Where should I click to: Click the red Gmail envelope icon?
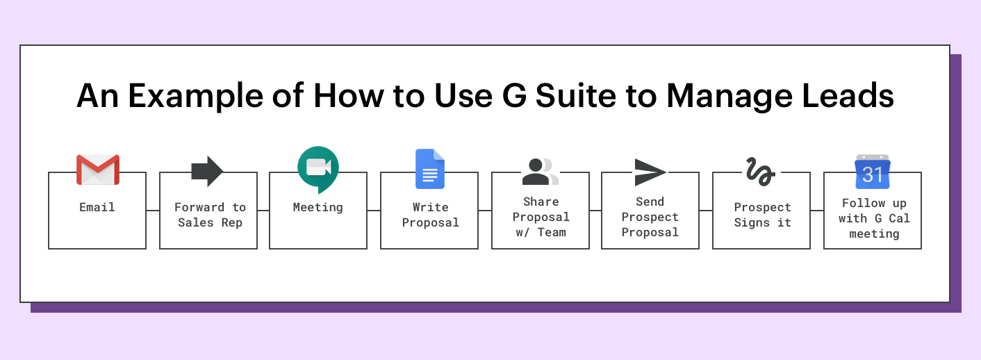(x=98, y=170)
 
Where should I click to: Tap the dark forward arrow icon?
(x=207, y=171)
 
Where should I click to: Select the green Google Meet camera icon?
(x=318, y=169)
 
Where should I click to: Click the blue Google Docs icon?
(x=430, y=169)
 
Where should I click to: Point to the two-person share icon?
(x=541, y=171)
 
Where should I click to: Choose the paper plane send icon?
(x=650, y=172)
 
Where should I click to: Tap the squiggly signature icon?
(x=761, y=171)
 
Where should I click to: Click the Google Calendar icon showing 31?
(x=873, y=171)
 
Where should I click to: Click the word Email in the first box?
(x=97, y=207)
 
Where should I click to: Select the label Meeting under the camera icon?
(x=318, y=208)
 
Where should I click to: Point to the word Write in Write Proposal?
(x=431, y=207)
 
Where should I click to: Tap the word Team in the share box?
(x=552, y=233)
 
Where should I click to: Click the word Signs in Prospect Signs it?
(x=752, y=223)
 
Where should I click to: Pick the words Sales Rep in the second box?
(x=211, y=223)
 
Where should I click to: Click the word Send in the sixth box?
(x=650, y=202)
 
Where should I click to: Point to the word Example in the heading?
(x=195, y=97)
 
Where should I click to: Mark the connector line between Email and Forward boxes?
(x=153, y=211)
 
